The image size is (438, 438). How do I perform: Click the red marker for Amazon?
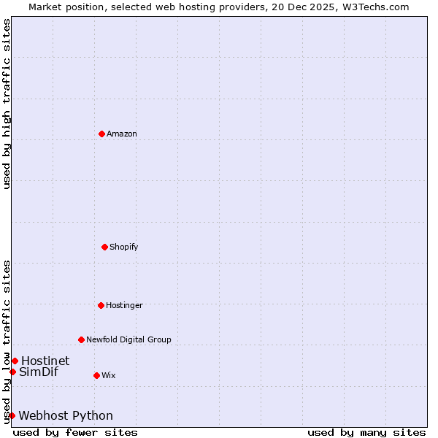coord(101,134)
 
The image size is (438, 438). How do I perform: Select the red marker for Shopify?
coord(104,247)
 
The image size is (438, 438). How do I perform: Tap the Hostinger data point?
coord(101,305)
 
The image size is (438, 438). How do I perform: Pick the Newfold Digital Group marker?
coord(81,339)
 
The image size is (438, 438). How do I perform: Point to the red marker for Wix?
coord(96,375)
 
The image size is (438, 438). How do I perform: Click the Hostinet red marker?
coord(15,361)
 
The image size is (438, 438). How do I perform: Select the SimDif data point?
coord(12,372)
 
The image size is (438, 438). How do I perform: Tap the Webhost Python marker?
coord(12,415)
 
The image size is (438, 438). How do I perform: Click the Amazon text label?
coord(122,134)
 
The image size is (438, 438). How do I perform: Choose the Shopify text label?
coord(124,247)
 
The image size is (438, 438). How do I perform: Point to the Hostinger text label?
coord(124,305)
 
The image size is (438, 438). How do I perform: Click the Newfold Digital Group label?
coord(128,339)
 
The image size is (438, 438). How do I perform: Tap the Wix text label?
coord(108,375)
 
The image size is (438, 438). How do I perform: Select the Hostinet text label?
coord(45,361)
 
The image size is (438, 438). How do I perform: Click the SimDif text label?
coord(39,372)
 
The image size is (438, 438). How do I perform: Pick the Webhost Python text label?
coord(66,415)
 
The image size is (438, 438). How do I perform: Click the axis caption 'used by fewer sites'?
coord(75,432)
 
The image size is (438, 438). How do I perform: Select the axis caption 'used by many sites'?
coord(366,432)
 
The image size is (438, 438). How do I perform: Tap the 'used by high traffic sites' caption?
coord(7,104)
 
